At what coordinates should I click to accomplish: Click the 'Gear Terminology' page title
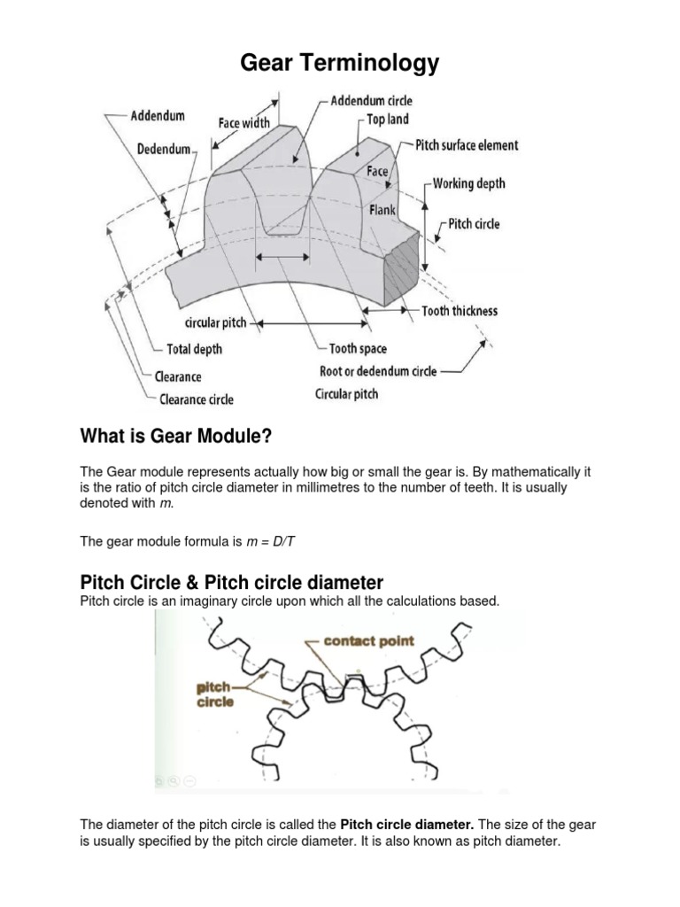pos(340,63)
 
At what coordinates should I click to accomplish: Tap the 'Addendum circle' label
pos(371,101)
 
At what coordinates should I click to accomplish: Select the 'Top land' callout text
pos(388,120)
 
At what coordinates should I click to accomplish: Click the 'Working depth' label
pos(469,183)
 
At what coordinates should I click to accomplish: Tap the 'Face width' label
pos(244,123)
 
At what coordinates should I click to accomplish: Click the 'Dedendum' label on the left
pos(164,150)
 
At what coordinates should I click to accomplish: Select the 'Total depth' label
pos(195,349)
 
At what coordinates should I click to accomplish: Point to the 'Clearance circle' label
pos(197,399)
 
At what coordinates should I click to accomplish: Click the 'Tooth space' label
pos(358,349)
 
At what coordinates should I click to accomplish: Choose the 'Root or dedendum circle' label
pos(378,371)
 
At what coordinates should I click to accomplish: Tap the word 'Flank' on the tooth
pos(382,212)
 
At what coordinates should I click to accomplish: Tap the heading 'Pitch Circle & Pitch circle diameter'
pos(232,583)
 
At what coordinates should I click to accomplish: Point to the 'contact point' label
pos(370,641)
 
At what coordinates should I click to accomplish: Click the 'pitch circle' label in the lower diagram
pos(215,694)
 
